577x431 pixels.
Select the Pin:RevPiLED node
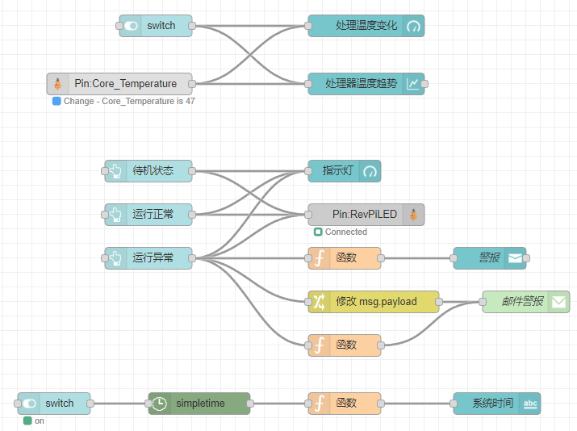pos(365,215)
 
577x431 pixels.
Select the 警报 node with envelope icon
pos(489,258)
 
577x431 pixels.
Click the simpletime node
pos(199,404)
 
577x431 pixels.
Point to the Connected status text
pos(345,232)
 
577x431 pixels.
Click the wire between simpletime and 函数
pos(279,404)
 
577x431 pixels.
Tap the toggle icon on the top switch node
pos(131,26)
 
